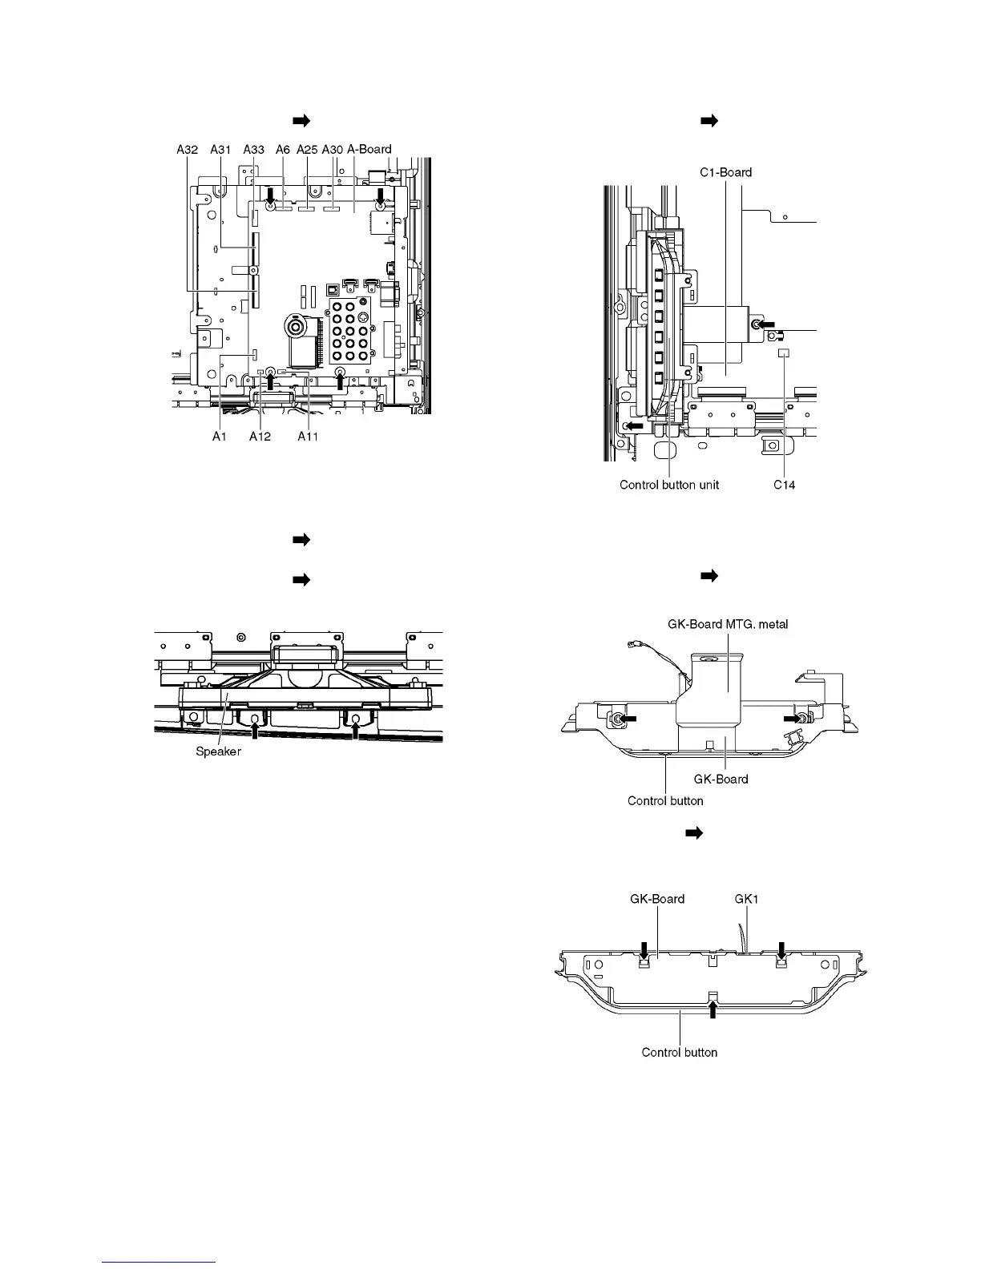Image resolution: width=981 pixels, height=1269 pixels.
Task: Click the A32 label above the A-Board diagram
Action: click(x=187, y=149)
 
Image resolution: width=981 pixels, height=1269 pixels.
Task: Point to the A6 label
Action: click(x=282, y=149)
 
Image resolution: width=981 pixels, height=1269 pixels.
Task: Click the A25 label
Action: click(x=307, y=149)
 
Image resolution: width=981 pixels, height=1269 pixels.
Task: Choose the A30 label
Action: click(x=333, y=149)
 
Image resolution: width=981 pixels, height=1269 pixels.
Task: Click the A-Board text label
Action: click(x=369, y=149)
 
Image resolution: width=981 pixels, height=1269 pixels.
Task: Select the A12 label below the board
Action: click(x=260, y=437)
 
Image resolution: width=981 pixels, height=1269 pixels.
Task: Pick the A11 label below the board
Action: click(x=309, y=437)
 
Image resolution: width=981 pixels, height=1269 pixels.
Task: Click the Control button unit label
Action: click(x=669, y=485)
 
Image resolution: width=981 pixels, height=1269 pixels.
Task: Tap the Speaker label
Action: click(x=218, y=751)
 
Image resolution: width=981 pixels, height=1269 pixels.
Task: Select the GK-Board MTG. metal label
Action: click(x=728, y=624)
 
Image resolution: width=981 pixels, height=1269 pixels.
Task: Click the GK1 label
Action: click(x=746, y=899)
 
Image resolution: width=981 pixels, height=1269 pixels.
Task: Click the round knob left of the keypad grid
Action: click(x=296, y=327)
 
